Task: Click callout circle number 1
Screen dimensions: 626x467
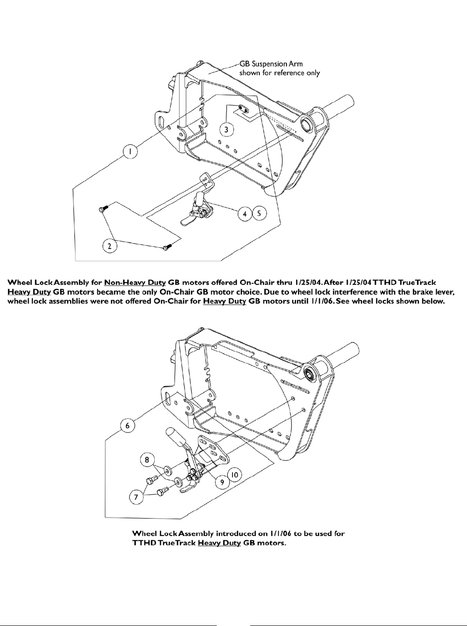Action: [132, 152]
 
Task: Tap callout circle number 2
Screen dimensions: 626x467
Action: [110, 246]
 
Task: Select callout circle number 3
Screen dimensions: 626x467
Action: [226, 129]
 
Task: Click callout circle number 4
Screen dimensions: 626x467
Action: [245, 214]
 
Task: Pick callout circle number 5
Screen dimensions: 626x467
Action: [259, 214]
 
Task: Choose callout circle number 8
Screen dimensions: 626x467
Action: [147, 460]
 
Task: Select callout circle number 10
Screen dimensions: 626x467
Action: [235, 475]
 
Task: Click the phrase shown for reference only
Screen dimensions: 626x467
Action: [279, 73]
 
